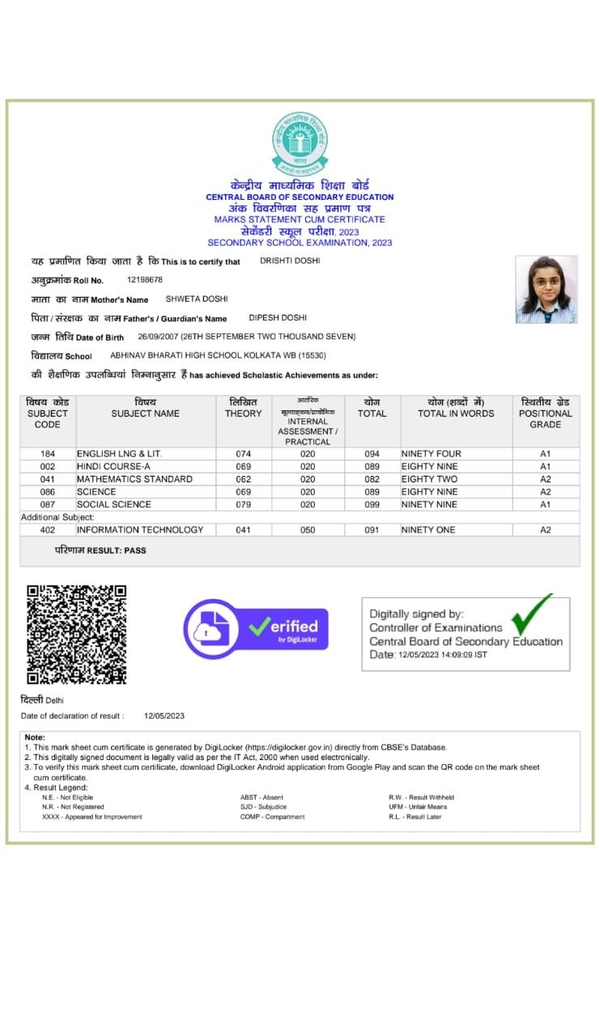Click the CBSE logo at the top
[300, 144]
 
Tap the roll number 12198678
[144, 280]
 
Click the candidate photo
[547, 289]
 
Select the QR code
[77, 635]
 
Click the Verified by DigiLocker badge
[256, 629]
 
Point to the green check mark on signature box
[530, 614]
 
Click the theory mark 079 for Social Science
[243, 504]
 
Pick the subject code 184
[47, 454]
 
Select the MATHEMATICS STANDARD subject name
[134, 479]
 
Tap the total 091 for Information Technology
[372, 530]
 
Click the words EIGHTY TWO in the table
[429, 479]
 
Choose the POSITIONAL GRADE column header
[545, 413]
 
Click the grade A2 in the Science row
[545, 492]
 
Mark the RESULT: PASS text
[100, 550]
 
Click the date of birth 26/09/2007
[159, 337]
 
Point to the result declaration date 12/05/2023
[164, 716]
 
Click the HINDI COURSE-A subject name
[113, 467]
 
